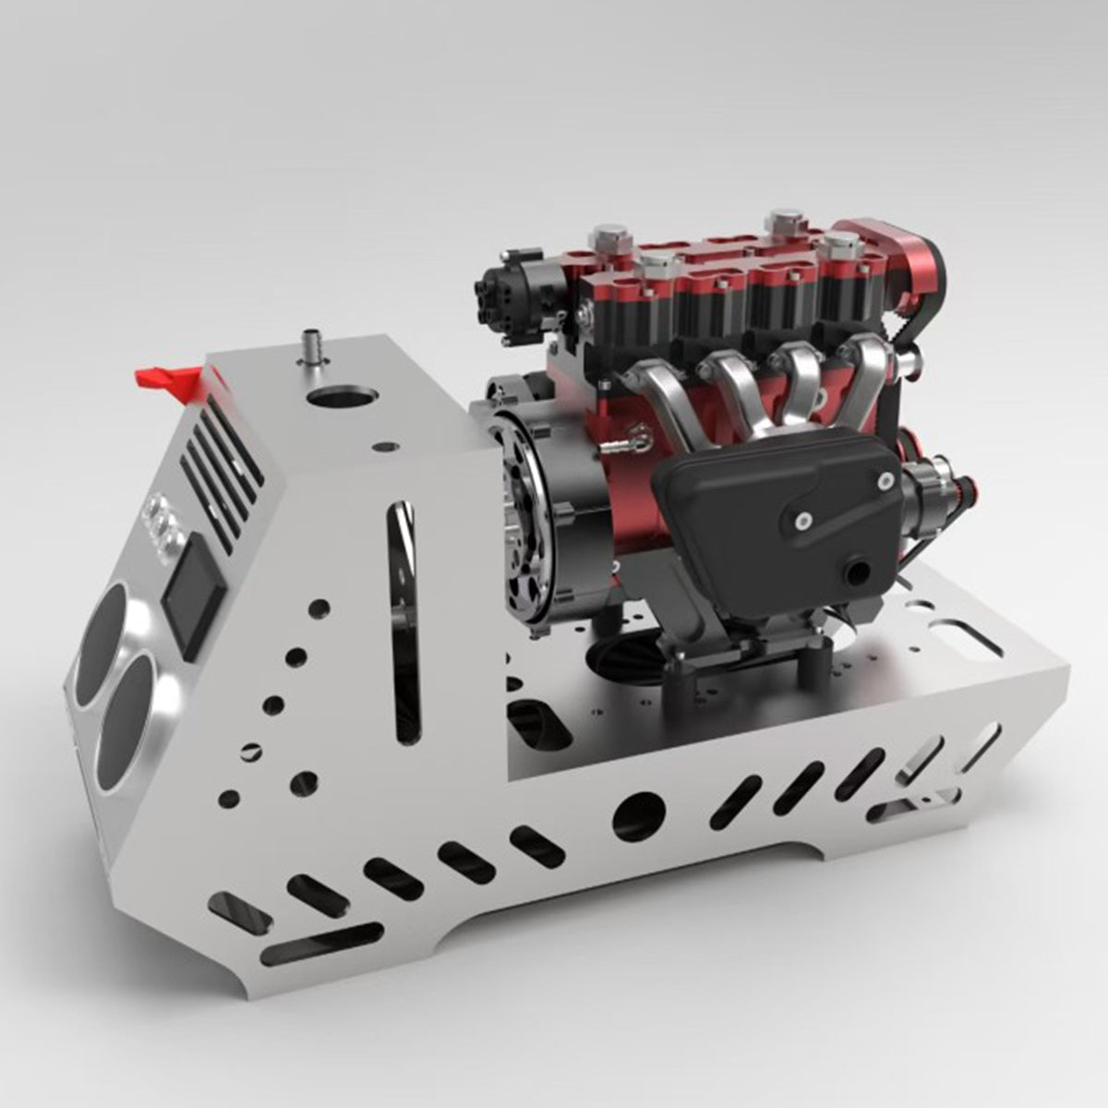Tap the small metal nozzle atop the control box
(x=313, y=350)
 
